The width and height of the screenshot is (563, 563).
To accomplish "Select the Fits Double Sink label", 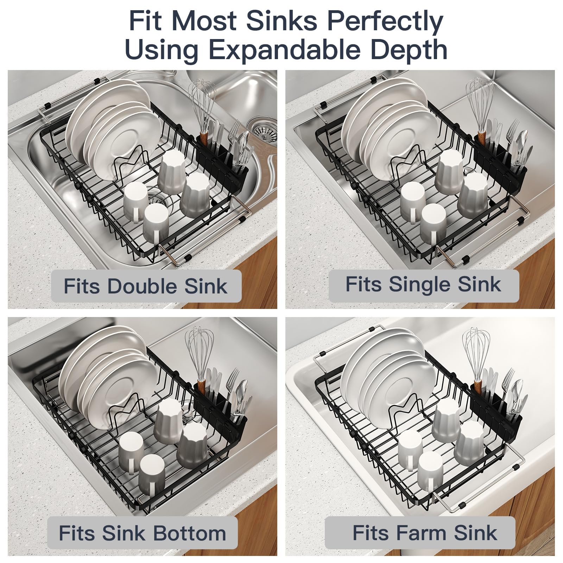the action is pos(146,286).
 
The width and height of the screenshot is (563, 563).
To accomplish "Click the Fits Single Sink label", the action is pos(424,285).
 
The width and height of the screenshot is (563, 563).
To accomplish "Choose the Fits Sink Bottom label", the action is pos(143,533).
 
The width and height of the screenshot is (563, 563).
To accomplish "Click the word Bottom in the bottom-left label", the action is pos(190,533).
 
